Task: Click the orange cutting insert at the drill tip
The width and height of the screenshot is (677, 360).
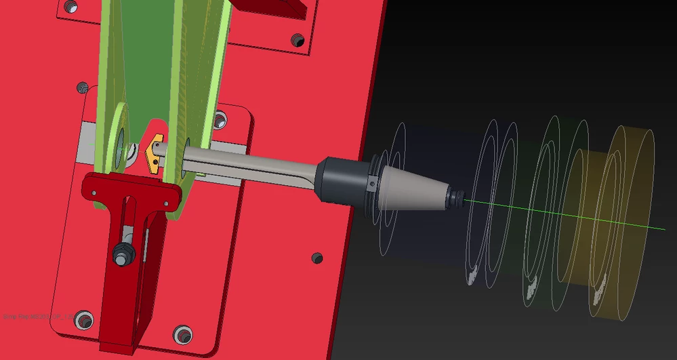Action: [x=153, y=155]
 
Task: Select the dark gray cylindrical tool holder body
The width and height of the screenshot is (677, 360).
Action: [x=343, y=180]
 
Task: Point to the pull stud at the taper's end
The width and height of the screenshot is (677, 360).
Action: [x=455, y=197]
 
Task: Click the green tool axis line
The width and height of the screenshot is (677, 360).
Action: [x=576, y=216]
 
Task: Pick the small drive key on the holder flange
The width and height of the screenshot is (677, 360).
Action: [x=371, y=184]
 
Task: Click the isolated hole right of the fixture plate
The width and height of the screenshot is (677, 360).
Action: [x=316, y=258]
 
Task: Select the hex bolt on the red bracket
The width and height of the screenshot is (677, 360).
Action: [x=124, y=254]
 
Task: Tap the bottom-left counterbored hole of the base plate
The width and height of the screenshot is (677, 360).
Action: [x=84, y=319]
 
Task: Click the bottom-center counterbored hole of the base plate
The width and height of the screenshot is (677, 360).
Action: [x=182, y=334]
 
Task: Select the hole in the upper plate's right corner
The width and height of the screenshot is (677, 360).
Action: [x=298, y=40]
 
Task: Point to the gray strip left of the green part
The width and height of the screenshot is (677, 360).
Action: [x=86, y=142]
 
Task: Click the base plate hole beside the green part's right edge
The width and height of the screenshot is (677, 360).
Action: [x=220, y=121]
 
